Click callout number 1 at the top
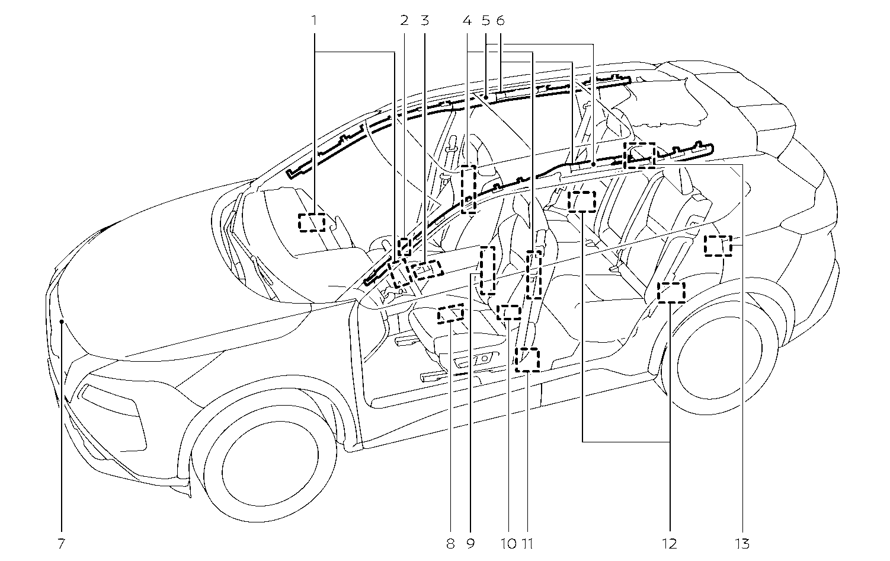(x=315, y=21)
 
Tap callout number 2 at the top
(x=405, y=21)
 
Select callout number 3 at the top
(x=424, y=21)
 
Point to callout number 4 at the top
(x=467, y=21)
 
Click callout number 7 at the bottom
(x=62, y=543)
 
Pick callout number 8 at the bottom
(x=450, y=543)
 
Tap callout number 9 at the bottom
(x=470, y=543)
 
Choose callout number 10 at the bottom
(x=508, y=543)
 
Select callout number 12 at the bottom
(x=670, y=543)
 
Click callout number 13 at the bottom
(x=742, y=543)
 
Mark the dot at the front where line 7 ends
(x=62, y=321)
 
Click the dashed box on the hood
(x=312, y=222)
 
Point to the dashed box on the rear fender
(x=718, y=245)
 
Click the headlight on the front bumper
(x=113, y=403)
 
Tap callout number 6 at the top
(x=500, y=21)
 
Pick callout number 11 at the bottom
(x=527, y=543)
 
